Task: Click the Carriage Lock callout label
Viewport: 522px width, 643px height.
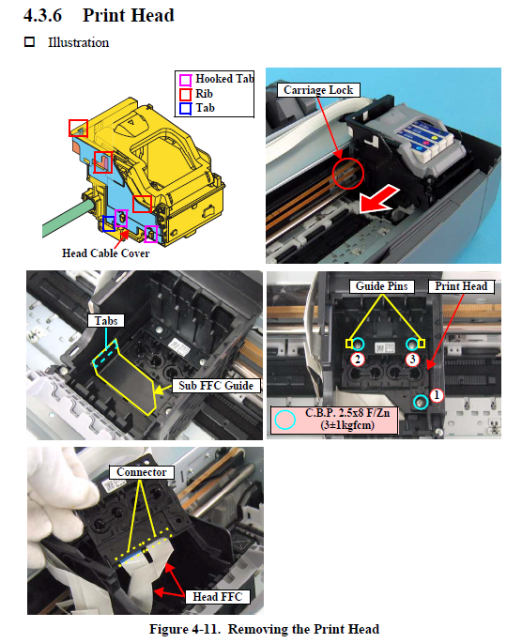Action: click(x=318, y=90)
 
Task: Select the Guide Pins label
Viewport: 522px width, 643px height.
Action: click(x=381, y=285)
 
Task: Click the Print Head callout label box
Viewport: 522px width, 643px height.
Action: click(x=461, y=285)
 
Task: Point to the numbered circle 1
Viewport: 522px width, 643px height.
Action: click(x=437, y=395)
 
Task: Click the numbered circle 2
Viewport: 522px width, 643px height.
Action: click(x=358, y=360)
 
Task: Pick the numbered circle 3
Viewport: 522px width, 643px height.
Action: click(x=412, y=360)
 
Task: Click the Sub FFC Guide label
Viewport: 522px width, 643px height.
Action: click(x=216, y=386)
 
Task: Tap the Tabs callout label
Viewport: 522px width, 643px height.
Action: click(x=106, y=321)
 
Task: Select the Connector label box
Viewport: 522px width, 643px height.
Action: click(x=142, y=472)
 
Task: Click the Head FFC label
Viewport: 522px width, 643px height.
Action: click(x=217, y=597)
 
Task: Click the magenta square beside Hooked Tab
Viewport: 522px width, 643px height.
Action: click(x=185, y=80)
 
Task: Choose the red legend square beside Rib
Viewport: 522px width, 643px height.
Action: click(x=185, y=94)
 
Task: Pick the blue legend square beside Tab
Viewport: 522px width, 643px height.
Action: click(x=185, y=108)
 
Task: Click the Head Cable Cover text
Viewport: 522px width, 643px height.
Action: click(x=106, y=253)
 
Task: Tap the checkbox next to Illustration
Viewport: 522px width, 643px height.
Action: click(x=29, y=42)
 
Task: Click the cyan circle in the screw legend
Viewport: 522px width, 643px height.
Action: click(x=284, y=420)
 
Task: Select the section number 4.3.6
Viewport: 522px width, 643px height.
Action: click(x=42, y=16)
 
